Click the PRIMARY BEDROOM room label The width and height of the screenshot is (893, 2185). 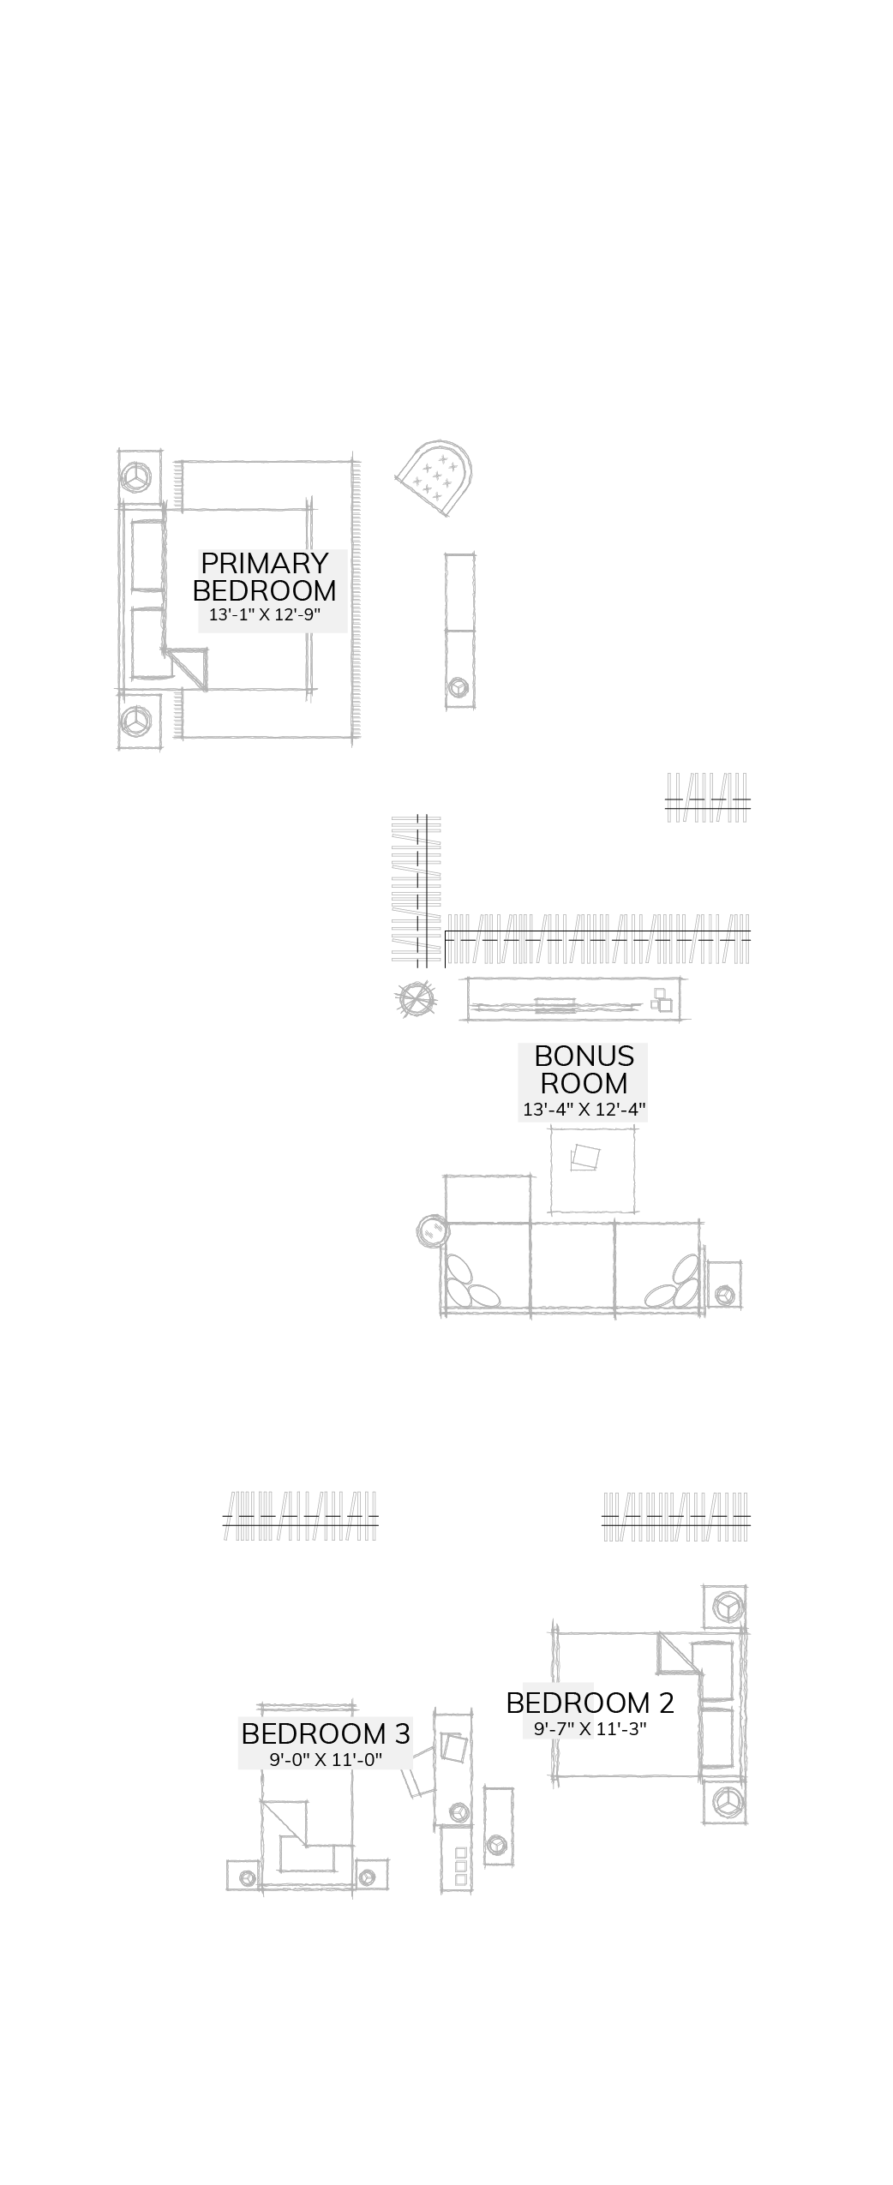coord(265,577)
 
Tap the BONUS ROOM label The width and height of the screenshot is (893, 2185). coord(584,1069)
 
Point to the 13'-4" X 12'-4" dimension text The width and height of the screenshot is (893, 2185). coord(584,1109)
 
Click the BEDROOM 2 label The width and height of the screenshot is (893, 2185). coord(590,1703)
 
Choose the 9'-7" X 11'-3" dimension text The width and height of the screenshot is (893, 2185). coord(590,1729)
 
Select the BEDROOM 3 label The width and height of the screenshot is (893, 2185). coord(326,1733)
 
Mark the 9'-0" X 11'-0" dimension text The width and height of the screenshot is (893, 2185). coord(326,1760)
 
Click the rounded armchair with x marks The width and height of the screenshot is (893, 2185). coord(436,476)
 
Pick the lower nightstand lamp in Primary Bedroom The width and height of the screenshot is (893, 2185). coord(135,721)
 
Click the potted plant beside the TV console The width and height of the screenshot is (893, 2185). coord(417,998)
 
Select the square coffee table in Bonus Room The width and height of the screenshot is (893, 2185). coord(592,1170)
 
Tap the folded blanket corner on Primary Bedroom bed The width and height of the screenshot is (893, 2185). coord(189,667)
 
